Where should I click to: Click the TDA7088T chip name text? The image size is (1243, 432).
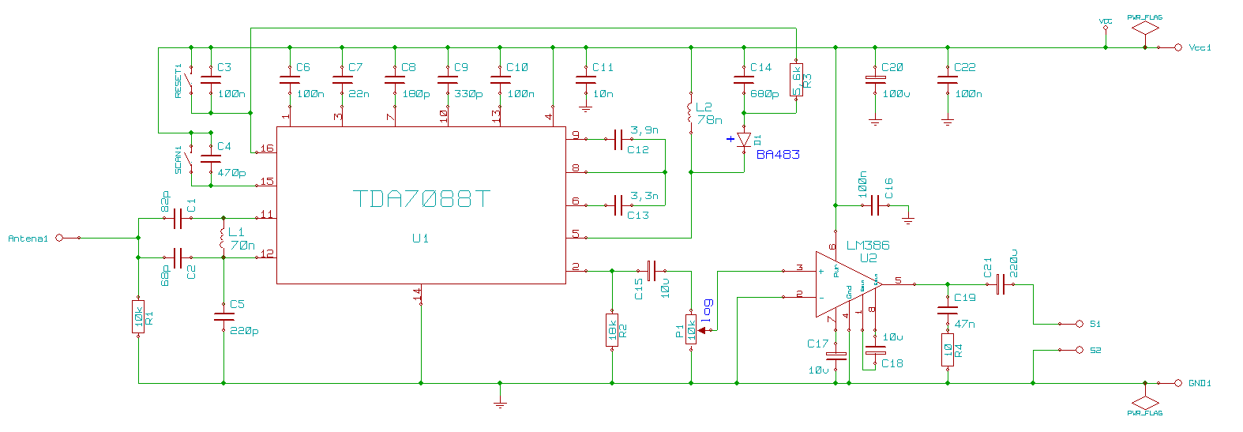pyautogui.click(x=421, y=198)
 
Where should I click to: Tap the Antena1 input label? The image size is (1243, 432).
pyautogui.click(x=28, y=238)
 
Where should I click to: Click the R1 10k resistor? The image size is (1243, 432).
pyautogui.click(x=138, y=317)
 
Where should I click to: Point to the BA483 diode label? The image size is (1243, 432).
pyautogui.click(x=778, y=155)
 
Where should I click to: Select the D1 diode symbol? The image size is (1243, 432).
pyautogui.click(x=744, y=140)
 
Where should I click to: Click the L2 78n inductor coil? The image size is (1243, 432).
pyautogui.click(x=691, y=112)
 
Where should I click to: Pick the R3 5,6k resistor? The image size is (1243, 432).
pyautogui.click(x=797, y=80)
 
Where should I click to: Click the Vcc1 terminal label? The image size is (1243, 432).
pyautogui.click(x=1200, y=47)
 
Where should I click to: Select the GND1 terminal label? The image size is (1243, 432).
pyautogui.click(x=1200, y=383)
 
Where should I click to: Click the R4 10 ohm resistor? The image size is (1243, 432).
pyautogui.click(x=948, y=350)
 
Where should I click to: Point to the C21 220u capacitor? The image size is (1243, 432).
pyautogui.click(x=1001, y=284)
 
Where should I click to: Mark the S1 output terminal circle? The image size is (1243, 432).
pyautogui.click(x=1080, y=324)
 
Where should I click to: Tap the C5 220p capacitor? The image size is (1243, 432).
pyautogui.click(x=223, y=317)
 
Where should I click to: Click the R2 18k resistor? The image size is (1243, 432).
pyautogui.click(x=612, y=330)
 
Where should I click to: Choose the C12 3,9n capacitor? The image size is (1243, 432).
pyautogui.click(x=618, y=140)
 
